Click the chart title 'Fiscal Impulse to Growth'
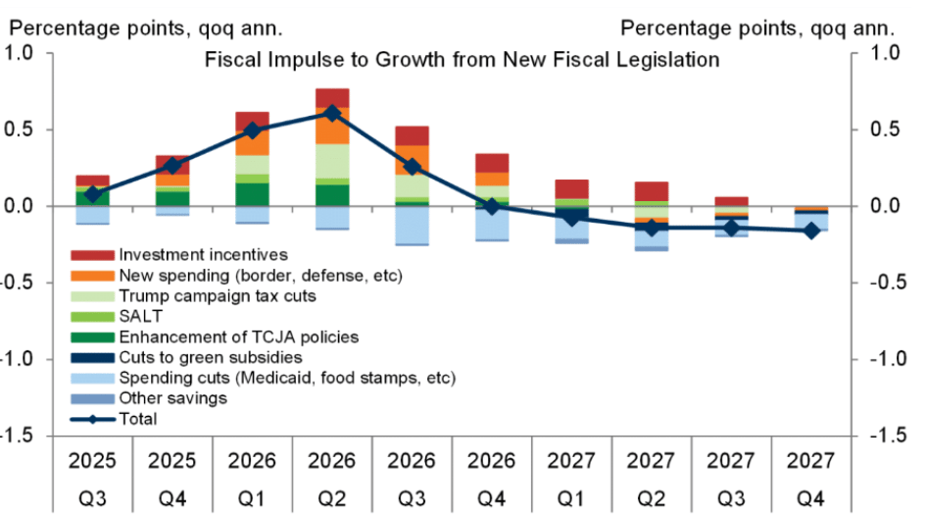click(x=462, y=60)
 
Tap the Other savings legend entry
click(x=172, y=398)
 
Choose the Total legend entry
click(x=137, y=419)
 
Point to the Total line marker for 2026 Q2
click(x=333, y=113)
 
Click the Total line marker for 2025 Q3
click(x=92, y=194)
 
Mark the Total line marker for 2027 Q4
click(x=811, y=231)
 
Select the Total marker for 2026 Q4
click(x=492, y=206)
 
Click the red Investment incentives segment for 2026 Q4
click(x=492, y=163)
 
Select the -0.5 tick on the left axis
click(x=21, y=283)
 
